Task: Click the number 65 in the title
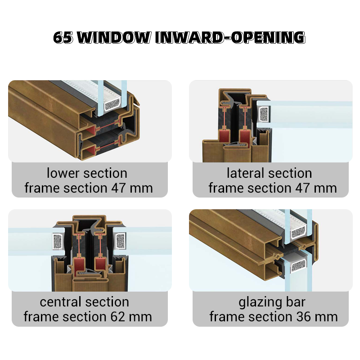63,37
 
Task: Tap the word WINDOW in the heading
114,37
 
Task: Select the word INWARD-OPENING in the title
230,37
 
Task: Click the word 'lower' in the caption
63,173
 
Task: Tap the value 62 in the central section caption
117,317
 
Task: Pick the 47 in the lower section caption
118,188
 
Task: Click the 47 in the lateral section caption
302,188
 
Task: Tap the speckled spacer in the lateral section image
264,114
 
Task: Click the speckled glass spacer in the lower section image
112,106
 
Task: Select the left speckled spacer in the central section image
58,241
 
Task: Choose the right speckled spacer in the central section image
120,241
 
